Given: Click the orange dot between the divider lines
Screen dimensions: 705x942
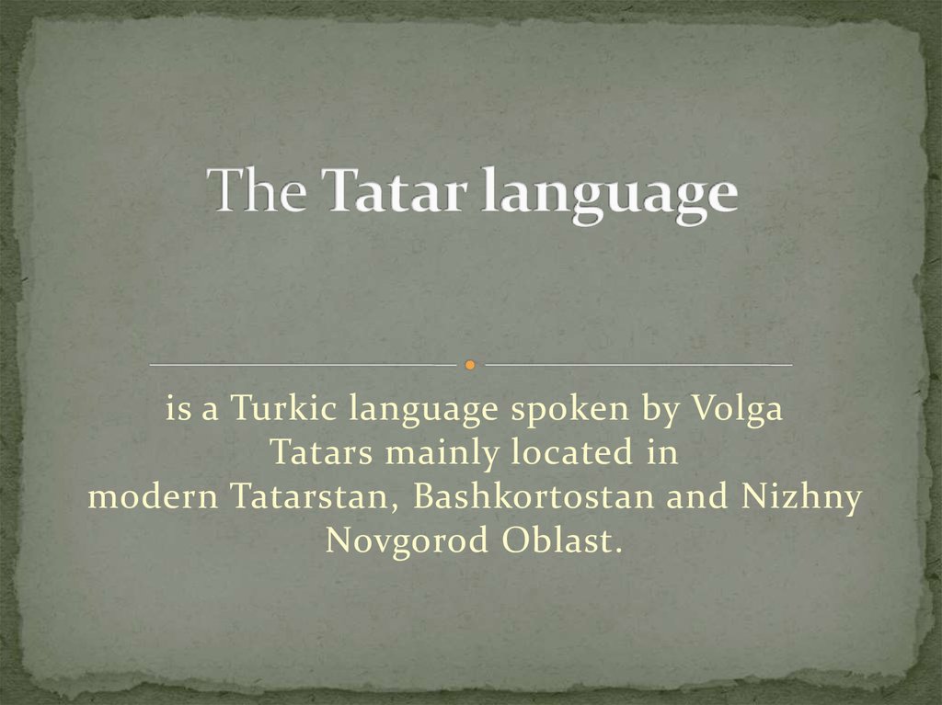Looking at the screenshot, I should click(469, 366).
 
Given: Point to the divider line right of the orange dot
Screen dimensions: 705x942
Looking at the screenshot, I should click(638, 366).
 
